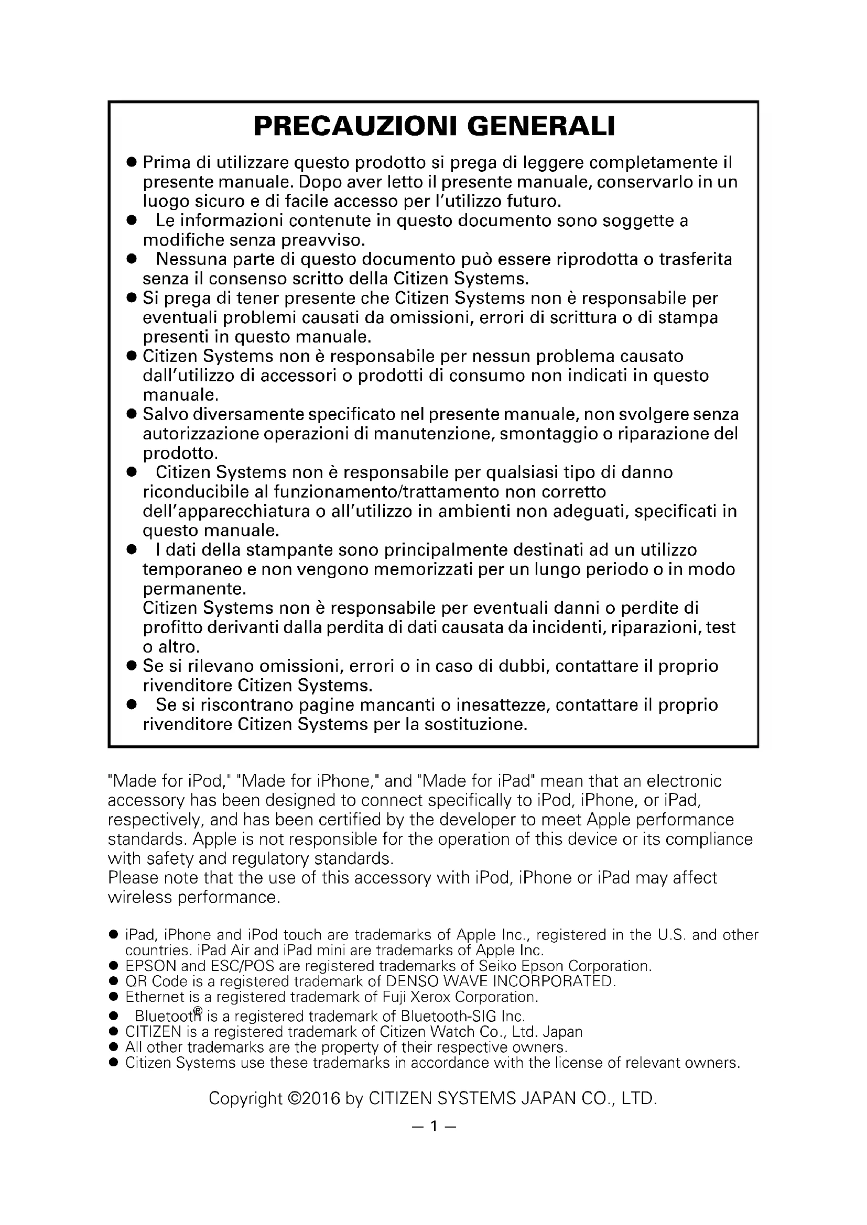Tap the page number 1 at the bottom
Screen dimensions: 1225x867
point(433,1127)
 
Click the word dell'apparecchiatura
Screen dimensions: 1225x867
point(228,511)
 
